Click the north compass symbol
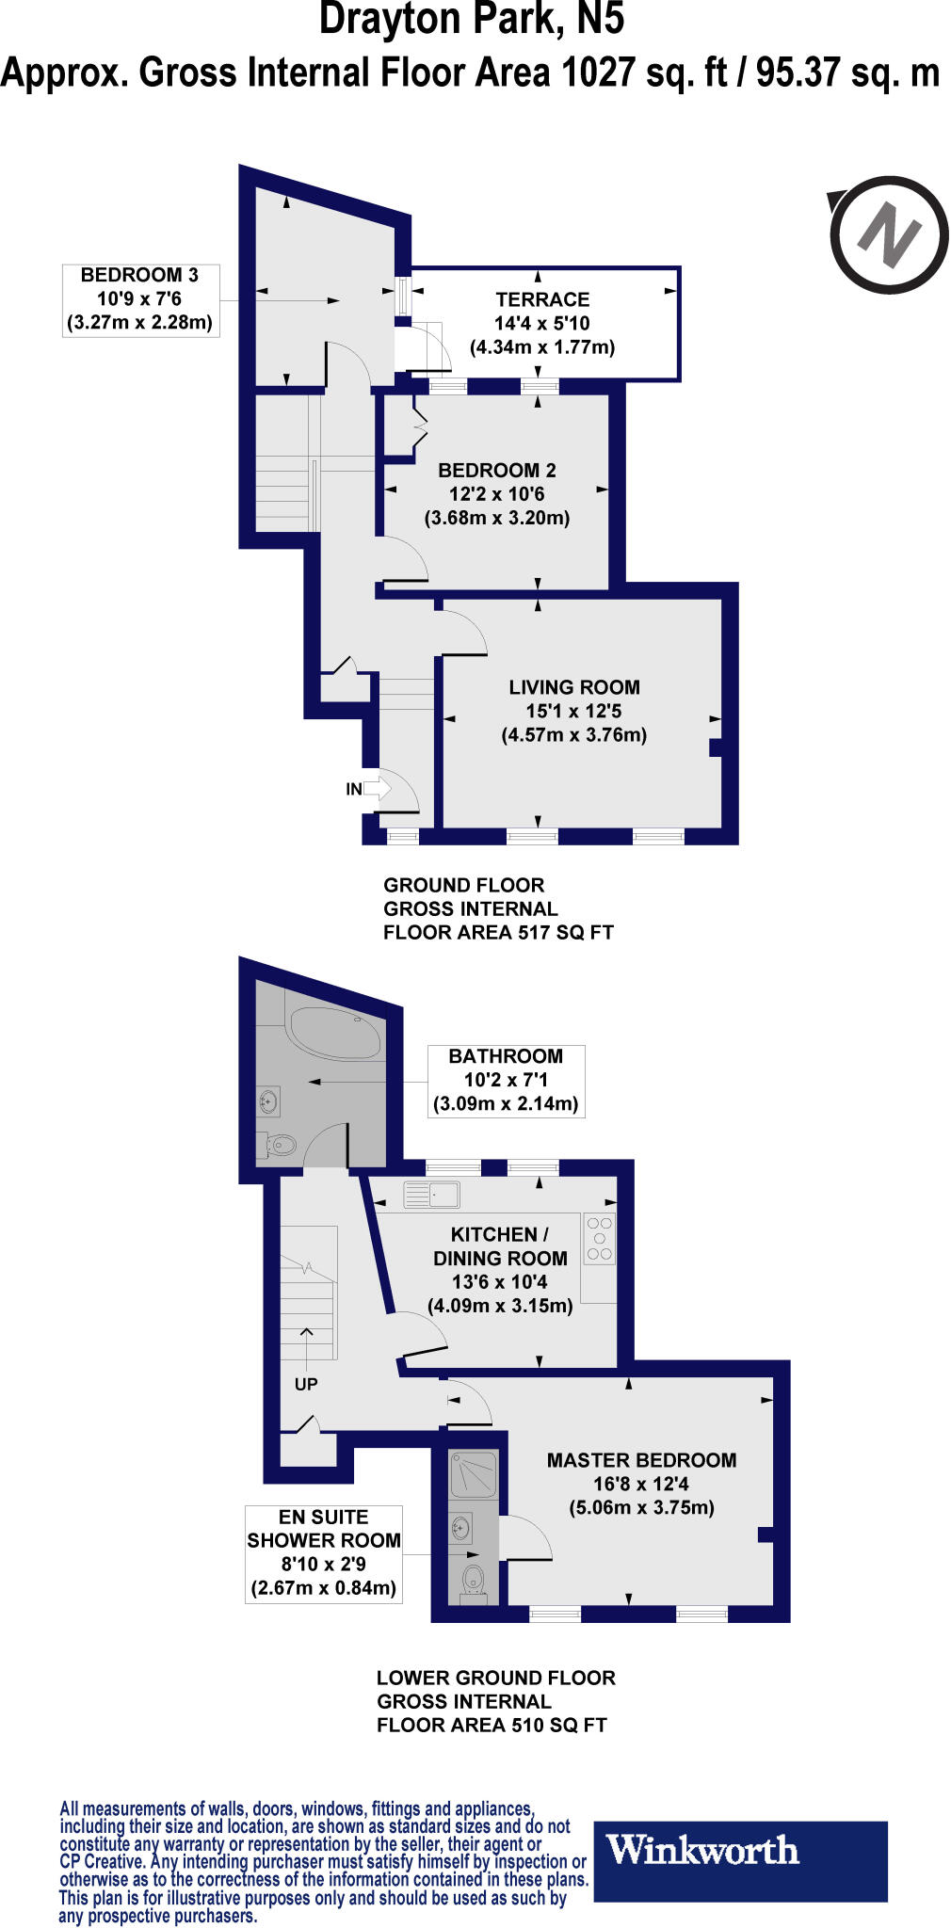point(889,232)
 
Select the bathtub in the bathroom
point(335,1033)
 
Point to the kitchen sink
point(431,1195)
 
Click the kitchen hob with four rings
point(600,1239)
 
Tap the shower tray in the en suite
point(473,1474)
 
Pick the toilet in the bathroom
point(277,1145)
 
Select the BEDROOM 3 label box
point(140,299)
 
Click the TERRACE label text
point(542,300)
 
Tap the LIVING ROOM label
point(574,687)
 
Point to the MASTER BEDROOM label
point(641,1460)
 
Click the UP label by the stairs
point(306,1384)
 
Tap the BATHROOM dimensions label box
point(506,1081)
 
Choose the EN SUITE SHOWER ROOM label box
point(324,1553)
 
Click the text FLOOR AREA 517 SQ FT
point(498,932)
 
